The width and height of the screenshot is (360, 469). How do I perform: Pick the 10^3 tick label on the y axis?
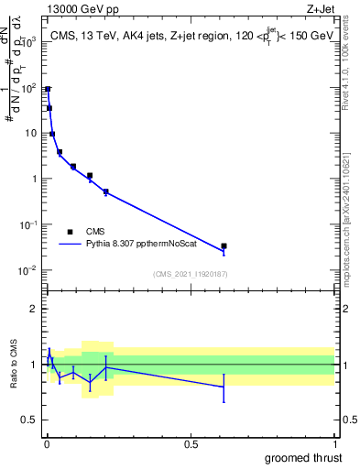click(x=29, y=42)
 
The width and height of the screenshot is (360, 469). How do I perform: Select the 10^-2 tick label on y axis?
click(x=29, y=270)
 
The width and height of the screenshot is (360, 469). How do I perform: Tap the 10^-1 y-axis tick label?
click(x=29, y=224)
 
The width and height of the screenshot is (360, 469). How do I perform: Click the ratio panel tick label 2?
click(x=33, y=309)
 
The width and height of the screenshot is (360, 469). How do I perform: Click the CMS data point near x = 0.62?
click(x=224, y=245)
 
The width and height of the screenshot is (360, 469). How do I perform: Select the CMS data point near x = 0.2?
click(x=106, y=191)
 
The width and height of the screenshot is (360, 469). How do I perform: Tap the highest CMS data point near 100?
click(x=48, y=89)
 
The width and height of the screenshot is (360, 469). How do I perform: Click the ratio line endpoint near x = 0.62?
click(x=224, y=387)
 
